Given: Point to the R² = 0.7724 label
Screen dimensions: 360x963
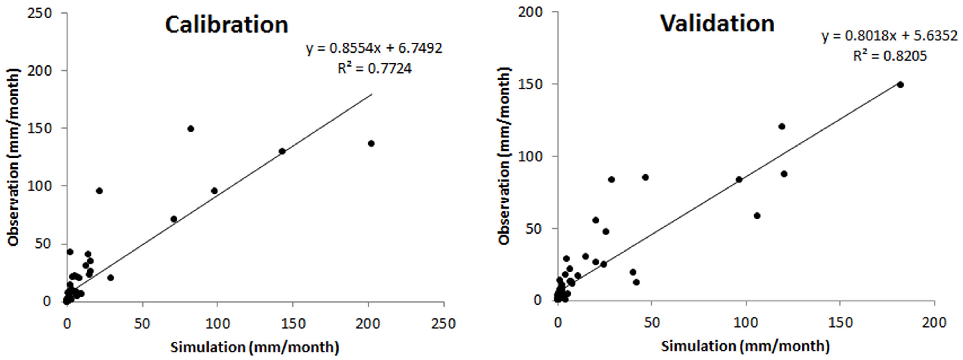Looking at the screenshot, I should pyautogui.click(x=374, y=68).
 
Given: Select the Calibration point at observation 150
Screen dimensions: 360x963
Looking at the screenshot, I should pyautogui.click(x=191, y=129).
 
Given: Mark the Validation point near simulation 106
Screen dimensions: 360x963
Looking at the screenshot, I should pyautogui.click(x=757, y=216).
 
